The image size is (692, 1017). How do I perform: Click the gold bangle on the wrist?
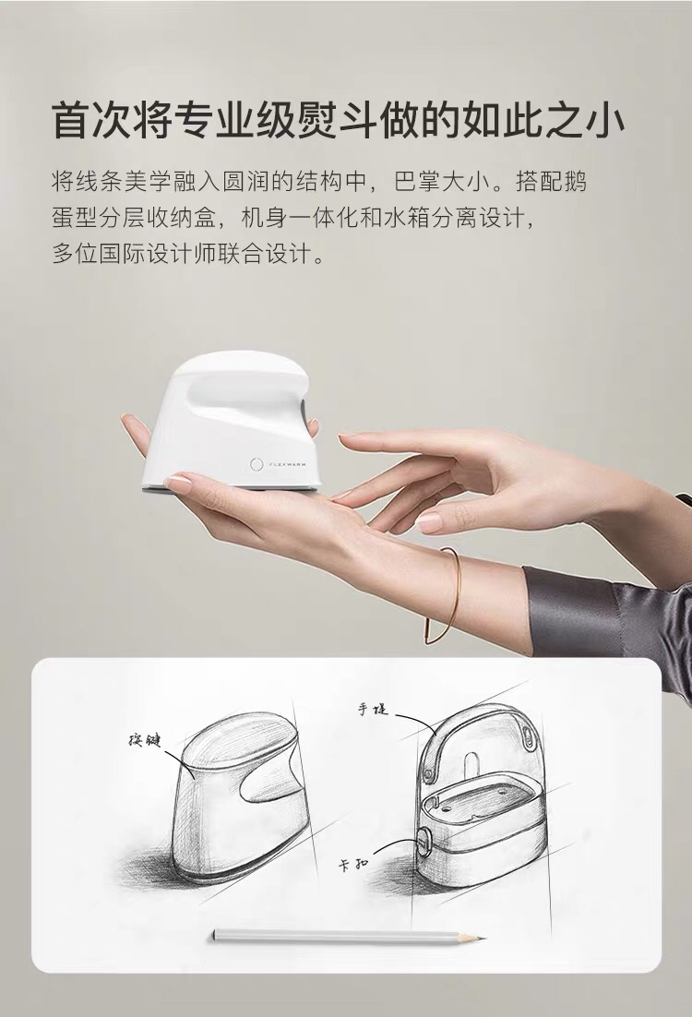[x=444, y=592]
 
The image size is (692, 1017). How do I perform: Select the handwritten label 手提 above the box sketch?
[x=373, y=709]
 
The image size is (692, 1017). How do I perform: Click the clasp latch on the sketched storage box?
[x=424, y=842]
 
